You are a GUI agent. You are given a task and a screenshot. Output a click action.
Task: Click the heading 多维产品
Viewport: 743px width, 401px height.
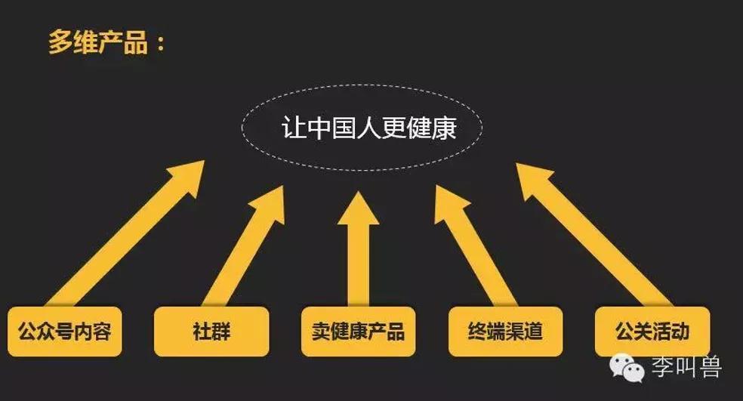tap(98, 42)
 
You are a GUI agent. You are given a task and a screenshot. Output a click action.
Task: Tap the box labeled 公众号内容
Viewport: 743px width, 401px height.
tap(65, 332)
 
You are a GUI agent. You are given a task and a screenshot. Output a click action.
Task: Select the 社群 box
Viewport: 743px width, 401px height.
tap(211, 332)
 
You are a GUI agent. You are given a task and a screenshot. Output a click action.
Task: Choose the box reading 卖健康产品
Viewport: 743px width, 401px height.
tap(358, 332)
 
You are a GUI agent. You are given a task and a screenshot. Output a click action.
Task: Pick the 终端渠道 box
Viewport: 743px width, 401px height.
tap(506, 332)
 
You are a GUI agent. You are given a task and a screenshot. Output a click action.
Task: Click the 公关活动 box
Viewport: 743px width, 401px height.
tap(652, 332)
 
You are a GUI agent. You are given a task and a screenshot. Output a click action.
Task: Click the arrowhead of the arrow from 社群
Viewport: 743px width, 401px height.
tap(271, 203)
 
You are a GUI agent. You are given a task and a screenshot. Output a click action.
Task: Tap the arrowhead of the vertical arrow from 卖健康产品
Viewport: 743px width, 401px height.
tap(358, 208)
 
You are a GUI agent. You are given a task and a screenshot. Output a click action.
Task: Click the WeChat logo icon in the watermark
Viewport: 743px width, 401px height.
tap(627, 367)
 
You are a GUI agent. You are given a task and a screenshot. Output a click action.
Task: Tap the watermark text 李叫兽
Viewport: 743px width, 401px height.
tap(686, 366)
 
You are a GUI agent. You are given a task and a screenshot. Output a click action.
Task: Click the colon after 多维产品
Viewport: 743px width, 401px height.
tap(160, 44)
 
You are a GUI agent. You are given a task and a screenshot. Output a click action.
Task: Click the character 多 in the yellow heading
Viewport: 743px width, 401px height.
tap(60, 42)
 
